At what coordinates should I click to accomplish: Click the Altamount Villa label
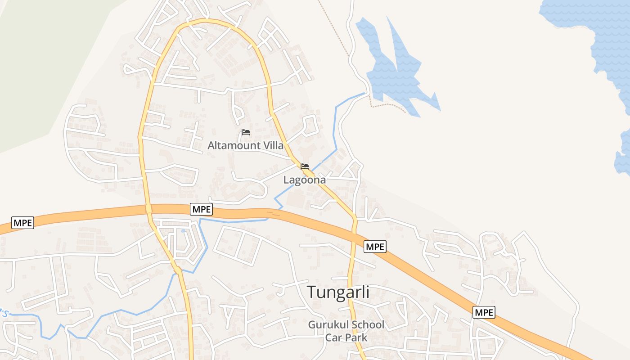pos(245,145)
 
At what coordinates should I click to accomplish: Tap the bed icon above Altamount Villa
pos(246,132)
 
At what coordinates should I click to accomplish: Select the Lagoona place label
pos(304,180)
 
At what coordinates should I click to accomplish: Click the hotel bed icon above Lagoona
pos(305,166)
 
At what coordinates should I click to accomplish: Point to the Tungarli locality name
pos(338,292)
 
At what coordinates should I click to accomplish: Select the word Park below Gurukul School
pos(356,337)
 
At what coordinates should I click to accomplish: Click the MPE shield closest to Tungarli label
pos(375,246)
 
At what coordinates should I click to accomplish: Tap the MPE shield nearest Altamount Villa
pos(201,209)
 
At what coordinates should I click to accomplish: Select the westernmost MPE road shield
pos(22,222)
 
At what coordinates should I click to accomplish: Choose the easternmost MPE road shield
pos(484,312)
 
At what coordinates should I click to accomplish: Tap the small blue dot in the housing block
pos(183,231)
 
